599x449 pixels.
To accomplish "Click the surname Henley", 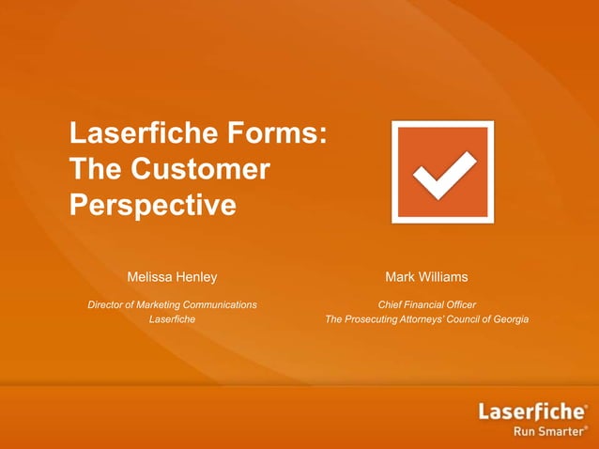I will point(197,277).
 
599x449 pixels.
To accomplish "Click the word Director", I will point(108,304).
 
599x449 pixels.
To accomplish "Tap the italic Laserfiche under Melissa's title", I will point(172,319).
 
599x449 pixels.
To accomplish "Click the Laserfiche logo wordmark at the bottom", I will point(532,411).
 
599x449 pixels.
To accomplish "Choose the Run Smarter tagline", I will point(547,432).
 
